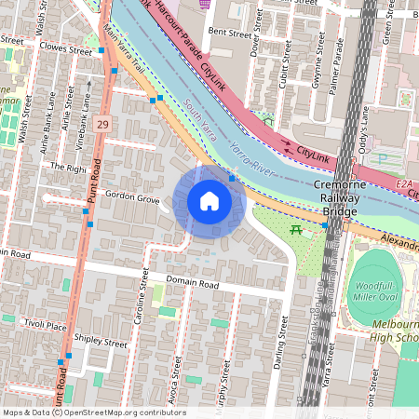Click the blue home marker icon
coord(209,201)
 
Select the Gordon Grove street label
coord(131,197)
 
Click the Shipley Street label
coord(101,343)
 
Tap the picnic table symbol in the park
coord(296,229)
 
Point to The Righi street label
coord(68,168)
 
